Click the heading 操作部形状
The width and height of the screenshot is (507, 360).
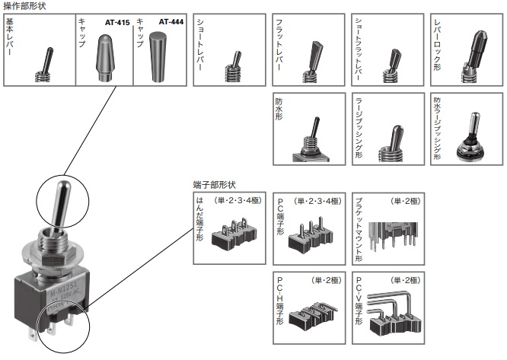click(x=25, y=6)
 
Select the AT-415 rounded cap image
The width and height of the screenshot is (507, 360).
click(x=106, y=57)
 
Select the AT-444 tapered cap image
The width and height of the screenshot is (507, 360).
click(x=159, y=57)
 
